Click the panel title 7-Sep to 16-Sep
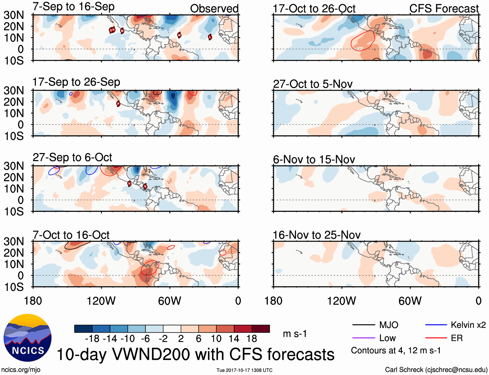pos(74,6)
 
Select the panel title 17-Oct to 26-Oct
pos(314,9)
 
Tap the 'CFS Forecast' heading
pos(444,9)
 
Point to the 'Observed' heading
pos(214,9)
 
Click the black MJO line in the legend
pos(363,325)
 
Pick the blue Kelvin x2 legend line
pos(436,325)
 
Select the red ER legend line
pos(436,338)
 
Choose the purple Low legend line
pos(363,338)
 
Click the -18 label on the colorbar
pos(92,339)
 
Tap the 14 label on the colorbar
pos(234,339)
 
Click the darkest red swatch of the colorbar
pos(261,329)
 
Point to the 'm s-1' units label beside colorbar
pos(295,334)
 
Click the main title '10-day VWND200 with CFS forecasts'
pos(195,354)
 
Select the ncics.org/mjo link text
pos(21,369)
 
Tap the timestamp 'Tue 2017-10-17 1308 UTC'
pos(245,370)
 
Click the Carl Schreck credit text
pos(436,369)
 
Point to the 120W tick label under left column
pos(101,301)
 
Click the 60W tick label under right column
pos(410,301)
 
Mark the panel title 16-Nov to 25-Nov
pos(316,235)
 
